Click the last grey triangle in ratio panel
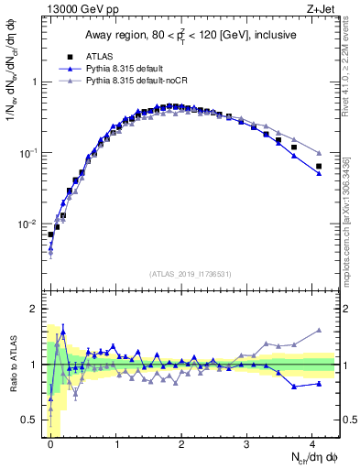click(x=319, y=330)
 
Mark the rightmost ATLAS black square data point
click(x=319, y=167)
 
